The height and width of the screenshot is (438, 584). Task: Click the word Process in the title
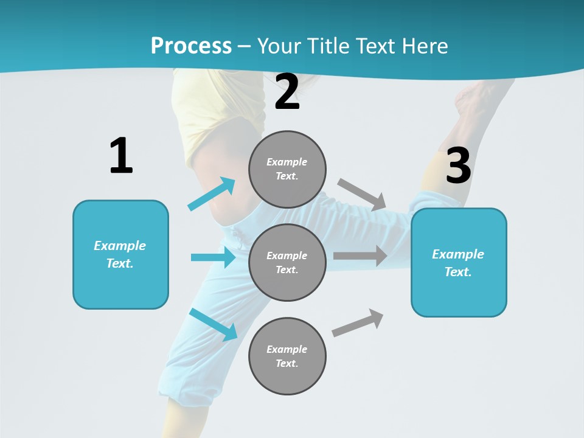tap(191, 46)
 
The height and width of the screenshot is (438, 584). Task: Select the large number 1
tap(121, 156)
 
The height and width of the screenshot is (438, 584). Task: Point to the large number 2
tap(287, 92)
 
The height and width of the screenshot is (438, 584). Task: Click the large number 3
tap(458, 165)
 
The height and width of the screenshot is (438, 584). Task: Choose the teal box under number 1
tap(120, 254)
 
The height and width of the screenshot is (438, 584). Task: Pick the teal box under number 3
tap(459, 262)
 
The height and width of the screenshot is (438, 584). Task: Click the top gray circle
tap(287, 169)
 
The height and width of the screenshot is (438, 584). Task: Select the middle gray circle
tap(287, 262)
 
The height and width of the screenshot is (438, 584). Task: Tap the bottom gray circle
tap(287, 356)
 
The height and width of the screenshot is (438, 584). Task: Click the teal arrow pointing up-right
tap(212, 193)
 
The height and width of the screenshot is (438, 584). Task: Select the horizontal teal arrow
tap(213, 257)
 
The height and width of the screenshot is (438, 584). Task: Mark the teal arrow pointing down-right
tap(214, 324)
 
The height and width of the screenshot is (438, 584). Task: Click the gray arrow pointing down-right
tap(363, 194)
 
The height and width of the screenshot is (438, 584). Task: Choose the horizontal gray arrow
tap(360, 255)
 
